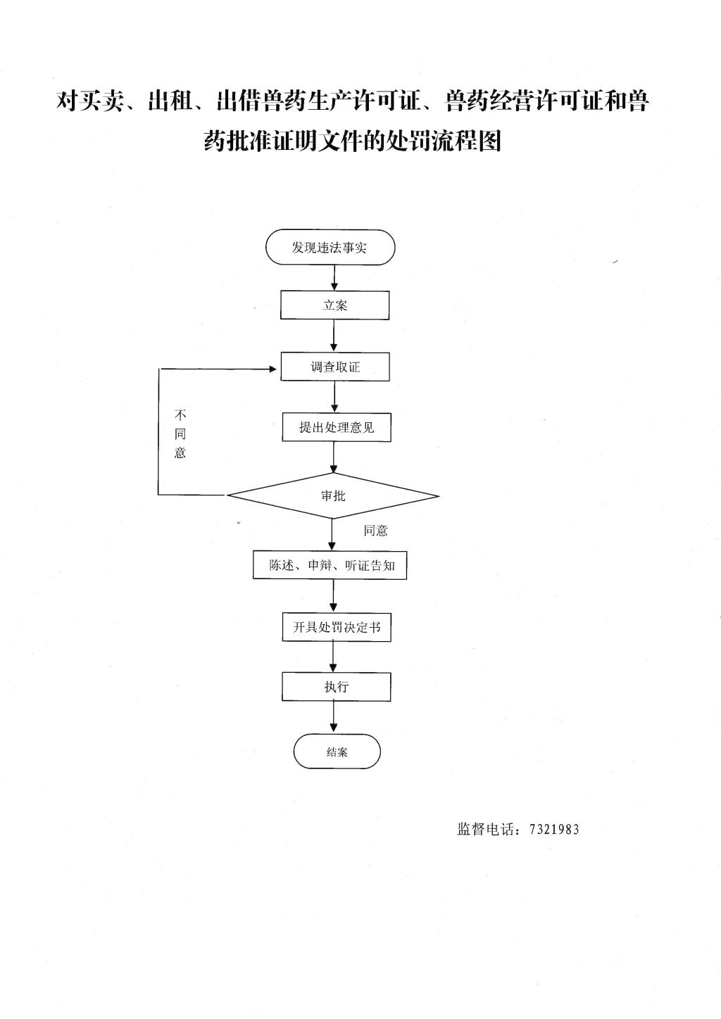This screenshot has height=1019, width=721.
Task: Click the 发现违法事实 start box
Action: coord(330,247)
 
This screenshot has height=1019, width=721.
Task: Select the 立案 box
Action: coord(334,305)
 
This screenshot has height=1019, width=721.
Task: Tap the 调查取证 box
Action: coord(335,367)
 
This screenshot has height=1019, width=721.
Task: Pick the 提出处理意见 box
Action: coord(337,427)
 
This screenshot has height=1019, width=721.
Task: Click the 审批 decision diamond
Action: coord(333,496)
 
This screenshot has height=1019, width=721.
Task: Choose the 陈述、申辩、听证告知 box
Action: coord(330,566)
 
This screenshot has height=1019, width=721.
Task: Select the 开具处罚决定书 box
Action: coord(337,627)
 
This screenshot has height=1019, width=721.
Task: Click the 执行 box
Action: coord(337,687)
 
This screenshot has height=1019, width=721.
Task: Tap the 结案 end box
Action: coord(337,752)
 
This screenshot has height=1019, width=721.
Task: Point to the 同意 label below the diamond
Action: coord(375,531)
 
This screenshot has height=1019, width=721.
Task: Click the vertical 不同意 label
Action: coord(180,434)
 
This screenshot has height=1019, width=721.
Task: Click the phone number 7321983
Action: coord(554,829)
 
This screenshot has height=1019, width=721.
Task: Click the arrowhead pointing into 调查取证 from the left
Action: coord(273,369)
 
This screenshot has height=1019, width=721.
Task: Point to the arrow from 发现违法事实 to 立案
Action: coord(334,278)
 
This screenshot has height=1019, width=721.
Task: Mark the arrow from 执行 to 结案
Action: coord(334,717)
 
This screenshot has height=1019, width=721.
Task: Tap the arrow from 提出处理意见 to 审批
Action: coord(334,457)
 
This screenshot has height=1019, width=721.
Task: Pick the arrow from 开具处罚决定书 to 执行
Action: coord(334,657)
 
